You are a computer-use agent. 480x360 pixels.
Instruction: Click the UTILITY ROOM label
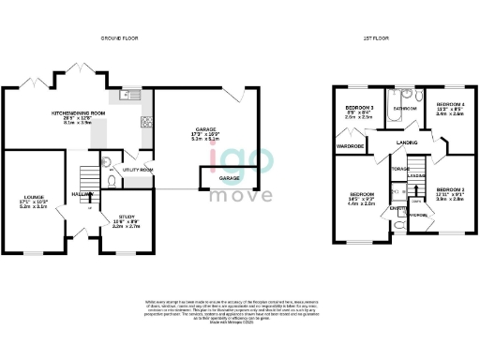coord(138,170)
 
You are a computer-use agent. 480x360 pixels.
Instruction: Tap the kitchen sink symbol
coord(128,95)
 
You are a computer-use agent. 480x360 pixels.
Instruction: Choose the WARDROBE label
coord(352,145)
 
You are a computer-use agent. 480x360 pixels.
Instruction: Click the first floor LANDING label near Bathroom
coord(407,142)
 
